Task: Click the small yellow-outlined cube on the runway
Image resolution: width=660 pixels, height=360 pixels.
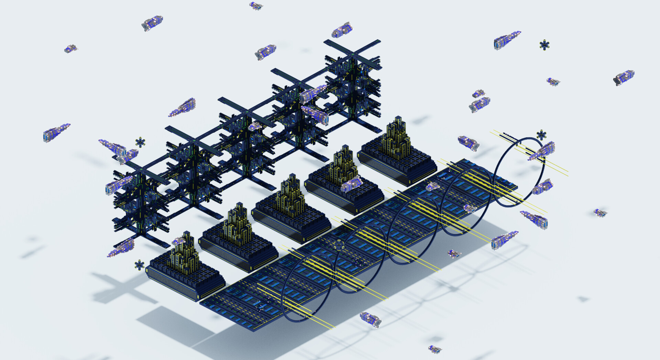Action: click(339, 245)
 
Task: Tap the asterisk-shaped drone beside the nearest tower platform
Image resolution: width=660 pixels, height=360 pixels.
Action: click(139, 265)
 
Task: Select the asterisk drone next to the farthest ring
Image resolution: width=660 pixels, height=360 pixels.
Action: click(541, 135)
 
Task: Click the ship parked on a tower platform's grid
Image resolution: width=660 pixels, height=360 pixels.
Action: click(351, 184)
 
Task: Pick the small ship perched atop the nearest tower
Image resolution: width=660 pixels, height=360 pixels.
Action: click(178, 241)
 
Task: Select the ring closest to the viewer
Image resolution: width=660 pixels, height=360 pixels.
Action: click(306, 287)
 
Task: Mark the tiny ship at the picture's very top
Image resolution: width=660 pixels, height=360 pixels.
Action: click(256, 6)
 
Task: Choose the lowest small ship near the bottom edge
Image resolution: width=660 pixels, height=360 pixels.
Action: click(435, 349)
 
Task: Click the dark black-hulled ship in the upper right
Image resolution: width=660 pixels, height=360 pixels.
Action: click(623, 77)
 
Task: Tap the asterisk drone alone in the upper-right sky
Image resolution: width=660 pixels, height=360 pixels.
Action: click(544, 45)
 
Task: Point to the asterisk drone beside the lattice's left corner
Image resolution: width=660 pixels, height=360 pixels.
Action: click(140, 142)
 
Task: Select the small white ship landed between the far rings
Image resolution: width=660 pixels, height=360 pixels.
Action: click(433, 187)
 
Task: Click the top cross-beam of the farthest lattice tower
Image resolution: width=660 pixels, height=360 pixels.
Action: click(352, 53)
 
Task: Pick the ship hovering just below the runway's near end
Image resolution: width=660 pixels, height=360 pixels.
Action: click(371, 319)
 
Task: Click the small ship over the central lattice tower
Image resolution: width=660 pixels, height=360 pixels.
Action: click(255, 127)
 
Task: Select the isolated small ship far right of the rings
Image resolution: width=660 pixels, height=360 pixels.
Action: click(600, 213)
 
